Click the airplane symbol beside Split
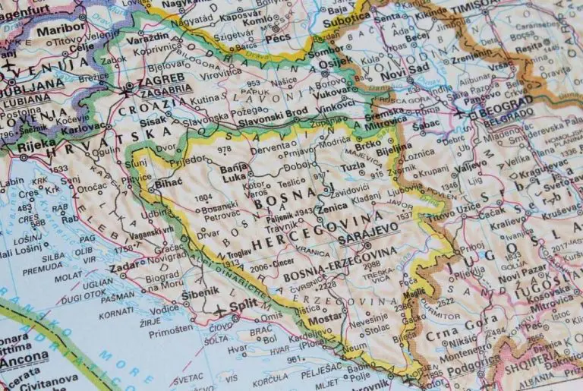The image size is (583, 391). tap(219, 310)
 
